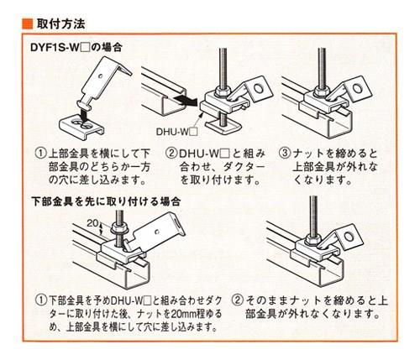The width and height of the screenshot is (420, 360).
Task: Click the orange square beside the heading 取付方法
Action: tap(27, 23)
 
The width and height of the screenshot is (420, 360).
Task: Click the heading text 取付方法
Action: tap(60, 24)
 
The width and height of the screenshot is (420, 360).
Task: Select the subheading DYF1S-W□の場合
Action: tap(76, 47)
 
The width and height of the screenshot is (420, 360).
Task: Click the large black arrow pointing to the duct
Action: tap(185, 101)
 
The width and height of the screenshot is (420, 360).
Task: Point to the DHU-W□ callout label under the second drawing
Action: tap(177, 132)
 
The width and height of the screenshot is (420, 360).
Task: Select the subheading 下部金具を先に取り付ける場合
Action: tap(105, 201)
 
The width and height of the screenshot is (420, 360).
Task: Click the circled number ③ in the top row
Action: tap(284, 154)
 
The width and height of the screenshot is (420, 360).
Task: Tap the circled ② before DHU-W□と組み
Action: tap(171, 154)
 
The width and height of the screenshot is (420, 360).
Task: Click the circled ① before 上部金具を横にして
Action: tap(40, 154)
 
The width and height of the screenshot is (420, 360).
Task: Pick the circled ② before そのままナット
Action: tap(237, 300)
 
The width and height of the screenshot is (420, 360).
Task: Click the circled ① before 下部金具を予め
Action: tap(40, 300)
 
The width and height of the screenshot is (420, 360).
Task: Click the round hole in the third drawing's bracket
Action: tap(357, 88)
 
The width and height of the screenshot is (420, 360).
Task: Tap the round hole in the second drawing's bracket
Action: tap(258, 88)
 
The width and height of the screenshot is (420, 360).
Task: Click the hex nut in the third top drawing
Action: tap(320, 90)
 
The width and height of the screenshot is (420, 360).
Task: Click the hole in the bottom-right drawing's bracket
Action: tap(349, 237)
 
